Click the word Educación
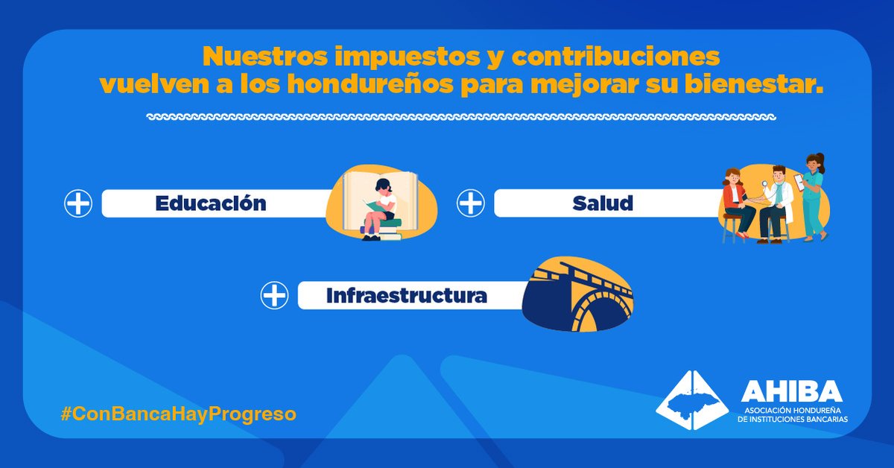211,203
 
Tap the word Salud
603,203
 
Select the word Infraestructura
406,296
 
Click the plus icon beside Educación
78,203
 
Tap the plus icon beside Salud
470,203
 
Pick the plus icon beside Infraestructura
274,296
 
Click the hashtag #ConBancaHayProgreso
178,414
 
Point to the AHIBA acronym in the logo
790,391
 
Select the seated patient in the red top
735,201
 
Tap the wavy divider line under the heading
462,118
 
